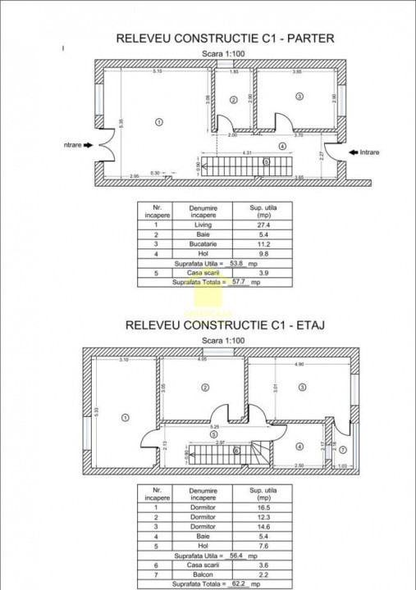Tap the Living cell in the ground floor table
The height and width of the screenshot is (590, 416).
pos(202,224)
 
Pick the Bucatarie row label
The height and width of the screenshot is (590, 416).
pos(202,244)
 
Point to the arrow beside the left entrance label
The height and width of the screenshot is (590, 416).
pos(89,146)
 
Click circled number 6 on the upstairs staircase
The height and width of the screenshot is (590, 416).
pos(236,449)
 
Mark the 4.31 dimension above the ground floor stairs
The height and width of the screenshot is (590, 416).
pos(246,153)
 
